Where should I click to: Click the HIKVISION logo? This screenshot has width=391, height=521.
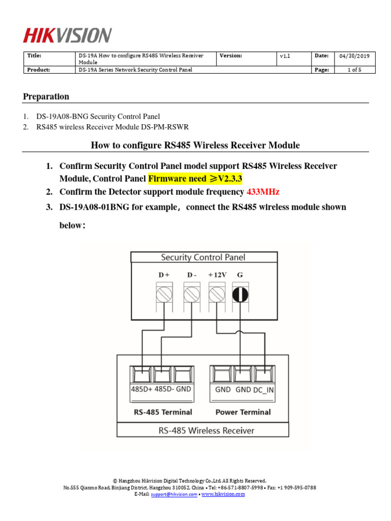(x=67, y=36)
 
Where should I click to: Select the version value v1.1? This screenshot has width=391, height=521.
(x=285, y=57)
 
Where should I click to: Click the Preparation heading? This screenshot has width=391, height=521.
(x=46, y=97)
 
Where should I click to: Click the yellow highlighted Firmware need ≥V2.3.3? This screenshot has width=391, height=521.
(x=195, y=179)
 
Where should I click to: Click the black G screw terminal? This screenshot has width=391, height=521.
(x=240, y=295)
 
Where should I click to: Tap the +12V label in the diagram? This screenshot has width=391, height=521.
(x=217, y=275)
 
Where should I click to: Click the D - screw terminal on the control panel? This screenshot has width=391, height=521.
(x=191, y=295)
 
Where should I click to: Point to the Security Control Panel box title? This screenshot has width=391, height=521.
(x=203, y=257)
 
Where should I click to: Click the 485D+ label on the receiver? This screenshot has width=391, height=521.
(x=142, y=390)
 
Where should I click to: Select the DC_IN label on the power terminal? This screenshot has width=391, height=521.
(x=264, y=390)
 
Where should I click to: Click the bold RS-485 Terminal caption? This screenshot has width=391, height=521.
(x=162, y=412)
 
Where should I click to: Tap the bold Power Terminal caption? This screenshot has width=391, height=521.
(x=243, y=412)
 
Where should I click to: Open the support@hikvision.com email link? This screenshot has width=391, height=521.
(x=173, y=494)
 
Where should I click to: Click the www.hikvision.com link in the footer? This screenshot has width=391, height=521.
(x=223, y=494)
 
